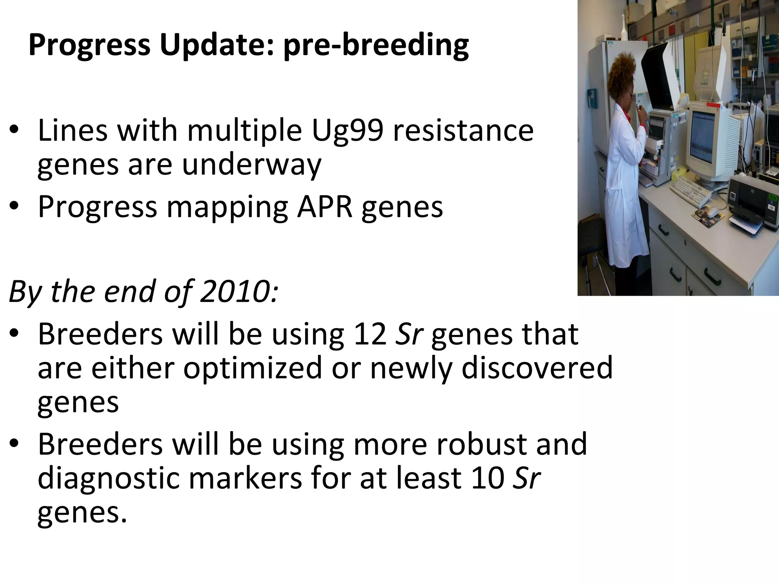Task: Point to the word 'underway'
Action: [251, 165]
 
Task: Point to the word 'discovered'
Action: [537, 368]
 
